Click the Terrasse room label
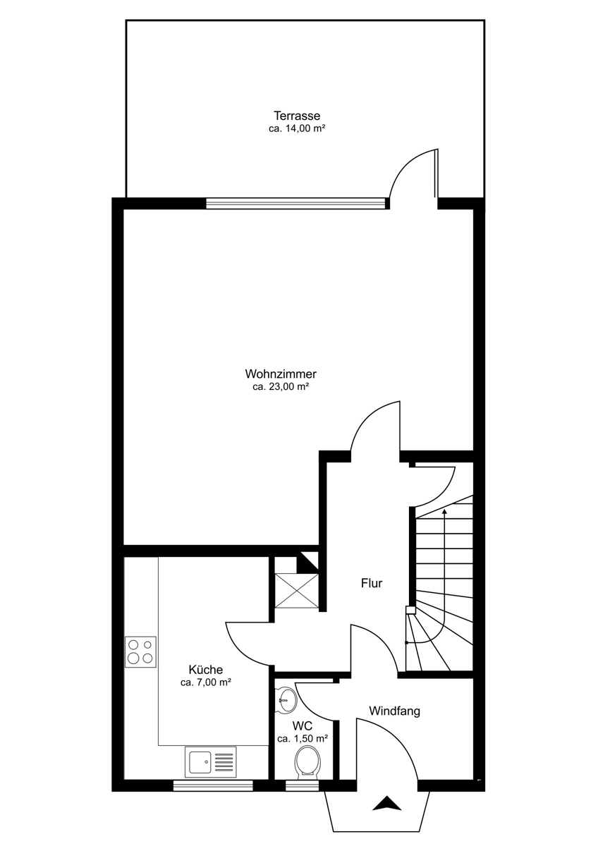pos(297,115)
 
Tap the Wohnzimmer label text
pos(281,374)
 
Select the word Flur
pos(372,583)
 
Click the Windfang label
pos(394,711)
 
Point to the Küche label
pos(205,670)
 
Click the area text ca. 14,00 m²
pos(298,128)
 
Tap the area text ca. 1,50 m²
pos(303,739)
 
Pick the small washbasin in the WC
pos(287,700)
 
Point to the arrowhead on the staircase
pos(444,512)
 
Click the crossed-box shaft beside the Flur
pos(297,590)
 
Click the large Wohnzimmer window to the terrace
pos(298,203)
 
